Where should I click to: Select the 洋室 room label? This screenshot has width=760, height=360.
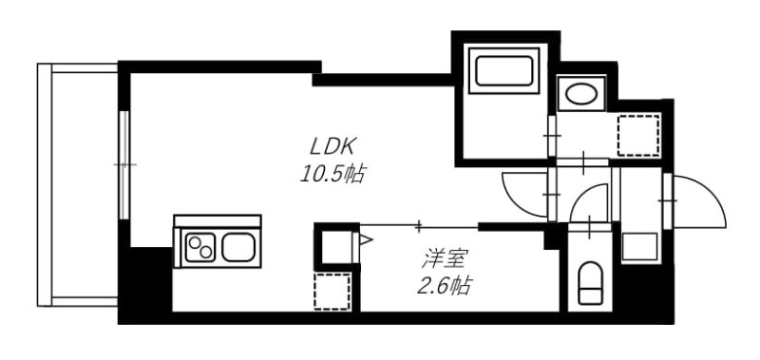442,256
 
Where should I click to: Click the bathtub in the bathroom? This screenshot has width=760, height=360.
503,73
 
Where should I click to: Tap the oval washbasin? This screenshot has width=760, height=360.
580,93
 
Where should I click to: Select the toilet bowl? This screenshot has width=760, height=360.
591,282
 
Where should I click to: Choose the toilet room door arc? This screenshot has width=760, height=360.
594,201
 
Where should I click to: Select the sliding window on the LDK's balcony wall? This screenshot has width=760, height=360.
123,165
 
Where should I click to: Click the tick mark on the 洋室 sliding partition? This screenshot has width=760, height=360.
420,225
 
